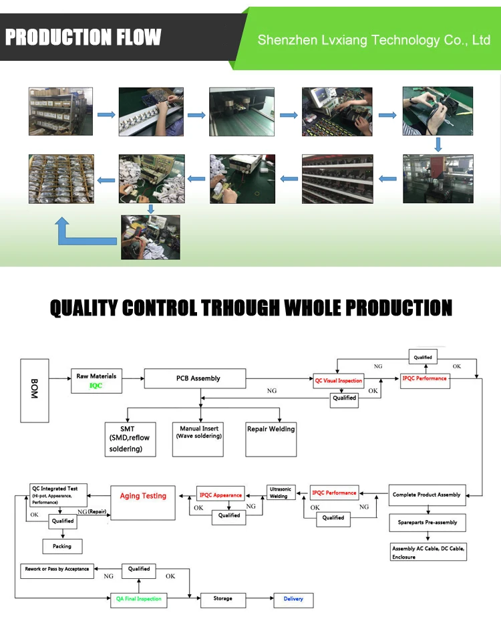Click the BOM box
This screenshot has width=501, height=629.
pyautogui.click(x=35, y=390)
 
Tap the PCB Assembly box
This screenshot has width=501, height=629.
pyautogui.click(x=198, y=379)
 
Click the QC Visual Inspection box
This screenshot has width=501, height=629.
pyautogui.click(x=339, y=381)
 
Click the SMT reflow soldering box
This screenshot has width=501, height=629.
pyautogui.click(x=130, y=439)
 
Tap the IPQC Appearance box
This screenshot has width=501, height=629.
pyautogui.click(x=220, y=495)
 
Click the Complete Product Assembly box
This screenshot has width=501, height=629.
pyautogui.click(x=426, y=495)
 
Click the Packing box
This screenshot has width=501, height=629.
pyautogui.click(x=62, y=546)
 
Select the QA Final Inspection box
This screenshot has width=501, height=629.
pyautogui.click(x=139, y=599)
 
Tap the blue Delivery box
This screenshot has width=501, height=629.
pyautogui.click(x=293, y=599)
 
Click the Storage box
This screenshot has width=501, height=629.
pyautogui.click(x=223, y=599)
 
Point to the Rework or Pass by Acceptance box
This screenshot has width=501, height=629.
pyautogui.click(x=57, y=570)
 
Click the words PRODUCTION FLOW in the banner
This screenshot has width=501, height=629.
pyautogui.click(x=83, y=37)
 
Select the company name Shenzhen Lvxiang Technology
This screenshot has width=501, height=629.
pyautogui.click(x=374, y=40)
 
